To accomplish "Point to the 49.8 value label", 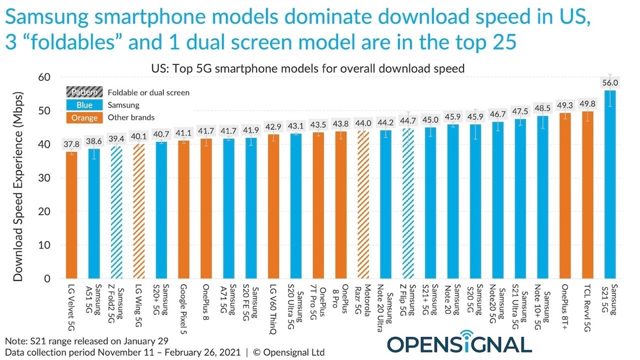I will click(x=587, y=104).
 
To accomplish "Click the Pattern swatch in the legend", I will click(x=83, y=92).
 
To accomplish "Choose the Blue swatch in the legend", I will click(x=83, y=105).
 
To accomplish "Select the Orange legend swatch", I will click(x=83, y=118).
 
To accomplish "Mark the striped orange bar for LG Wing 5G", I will click(x=139, y=211).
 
